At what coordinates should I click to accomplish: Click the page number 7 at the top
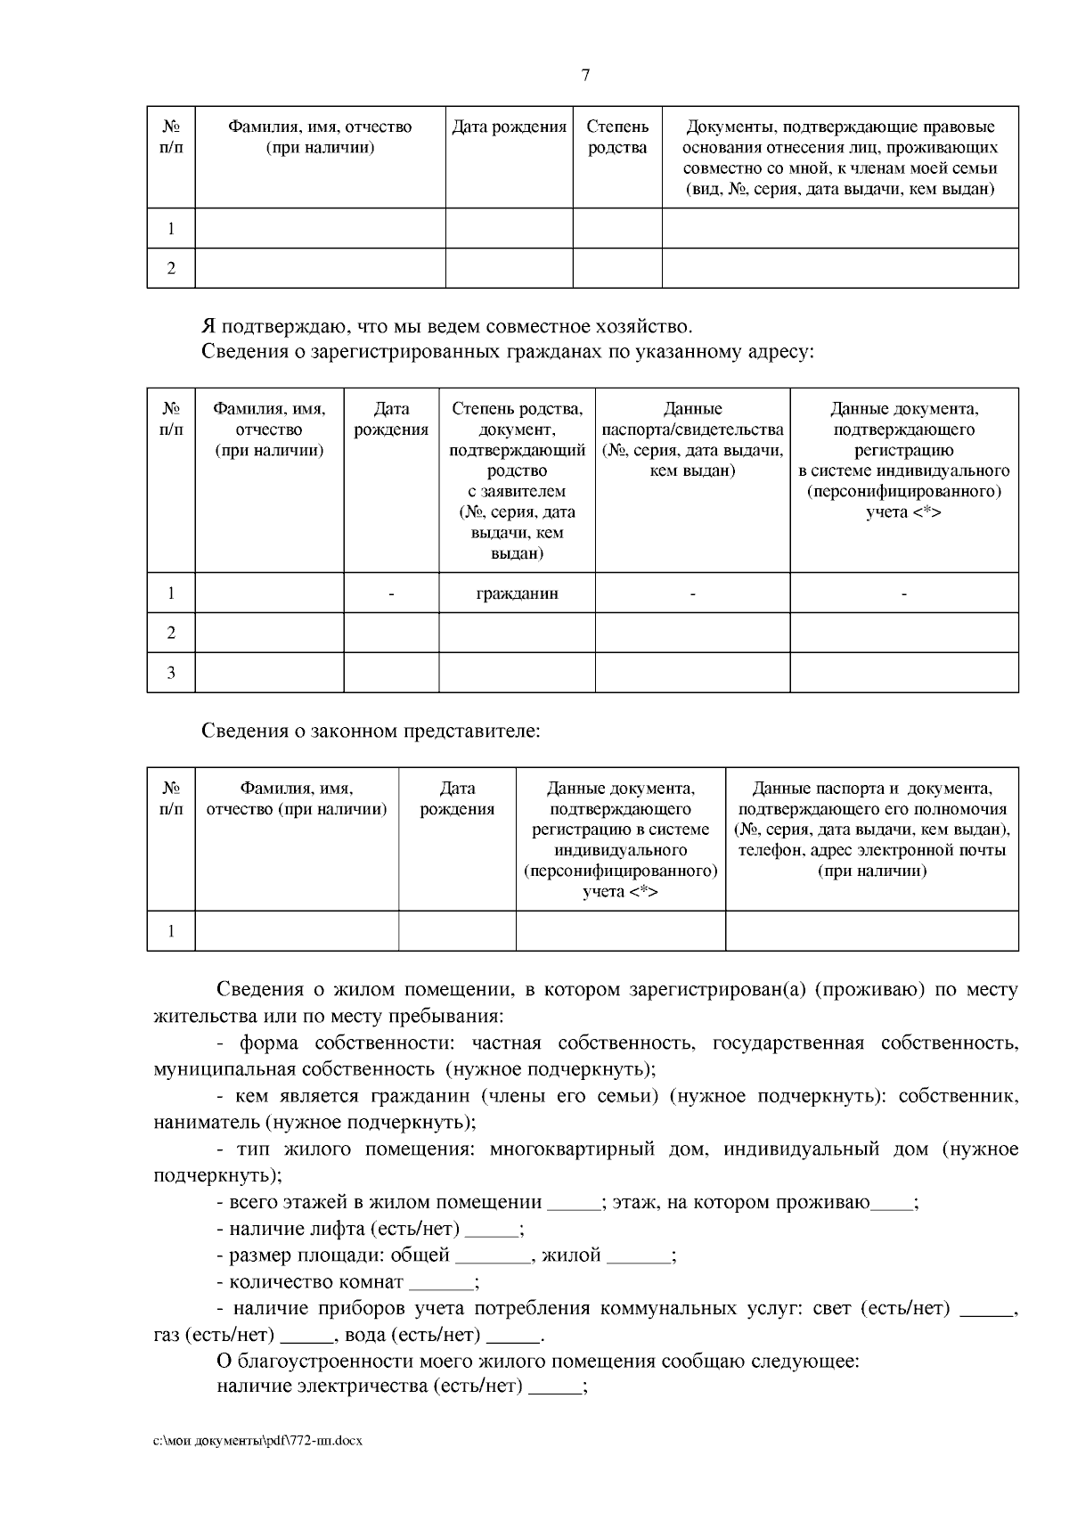tap(585, 76)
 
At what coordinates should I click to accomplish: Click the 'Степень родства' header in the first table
tap(617, 137)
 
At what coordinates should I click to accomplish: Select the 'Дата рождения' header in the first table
tap(509, 127)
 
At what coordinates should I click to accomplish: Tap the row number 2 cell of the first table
tap(171, 268)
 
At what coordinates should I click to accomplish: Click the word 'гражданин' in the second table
tap(517, 593)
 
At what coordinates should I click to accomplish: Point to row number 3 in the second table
tap(171, 673)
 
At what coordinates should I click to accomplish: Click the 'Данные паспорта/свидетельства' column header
tap(692, 439)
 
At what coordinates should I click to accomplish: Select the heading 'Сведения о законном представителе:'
tap(371, 732)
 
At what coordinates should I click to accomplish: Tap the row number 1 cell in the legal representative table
tap(171, 931)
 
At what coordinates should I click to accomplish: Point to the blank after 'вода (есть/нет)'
tap(514, 1337)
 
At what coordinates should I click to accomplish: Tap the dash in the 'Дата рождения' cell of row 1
tap(391, 593)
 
